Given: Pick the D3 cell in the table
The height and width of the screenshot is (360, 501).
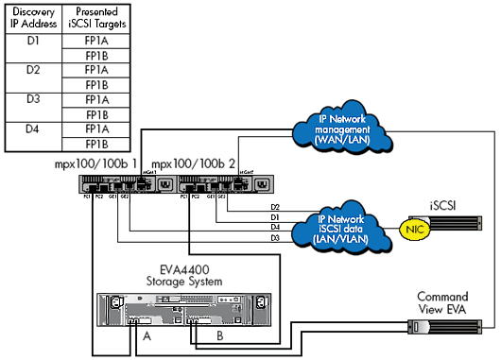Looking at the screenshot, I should (33, 98).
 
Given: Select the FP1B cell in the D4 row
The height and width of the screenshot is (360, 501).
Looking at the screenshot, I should (94, 144).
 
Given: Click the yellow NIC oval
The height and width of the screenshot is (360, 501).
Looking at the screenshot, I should (409, 227).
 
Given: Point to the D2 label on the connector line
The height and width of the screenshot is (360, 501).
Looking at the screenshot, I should (275, 206).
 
